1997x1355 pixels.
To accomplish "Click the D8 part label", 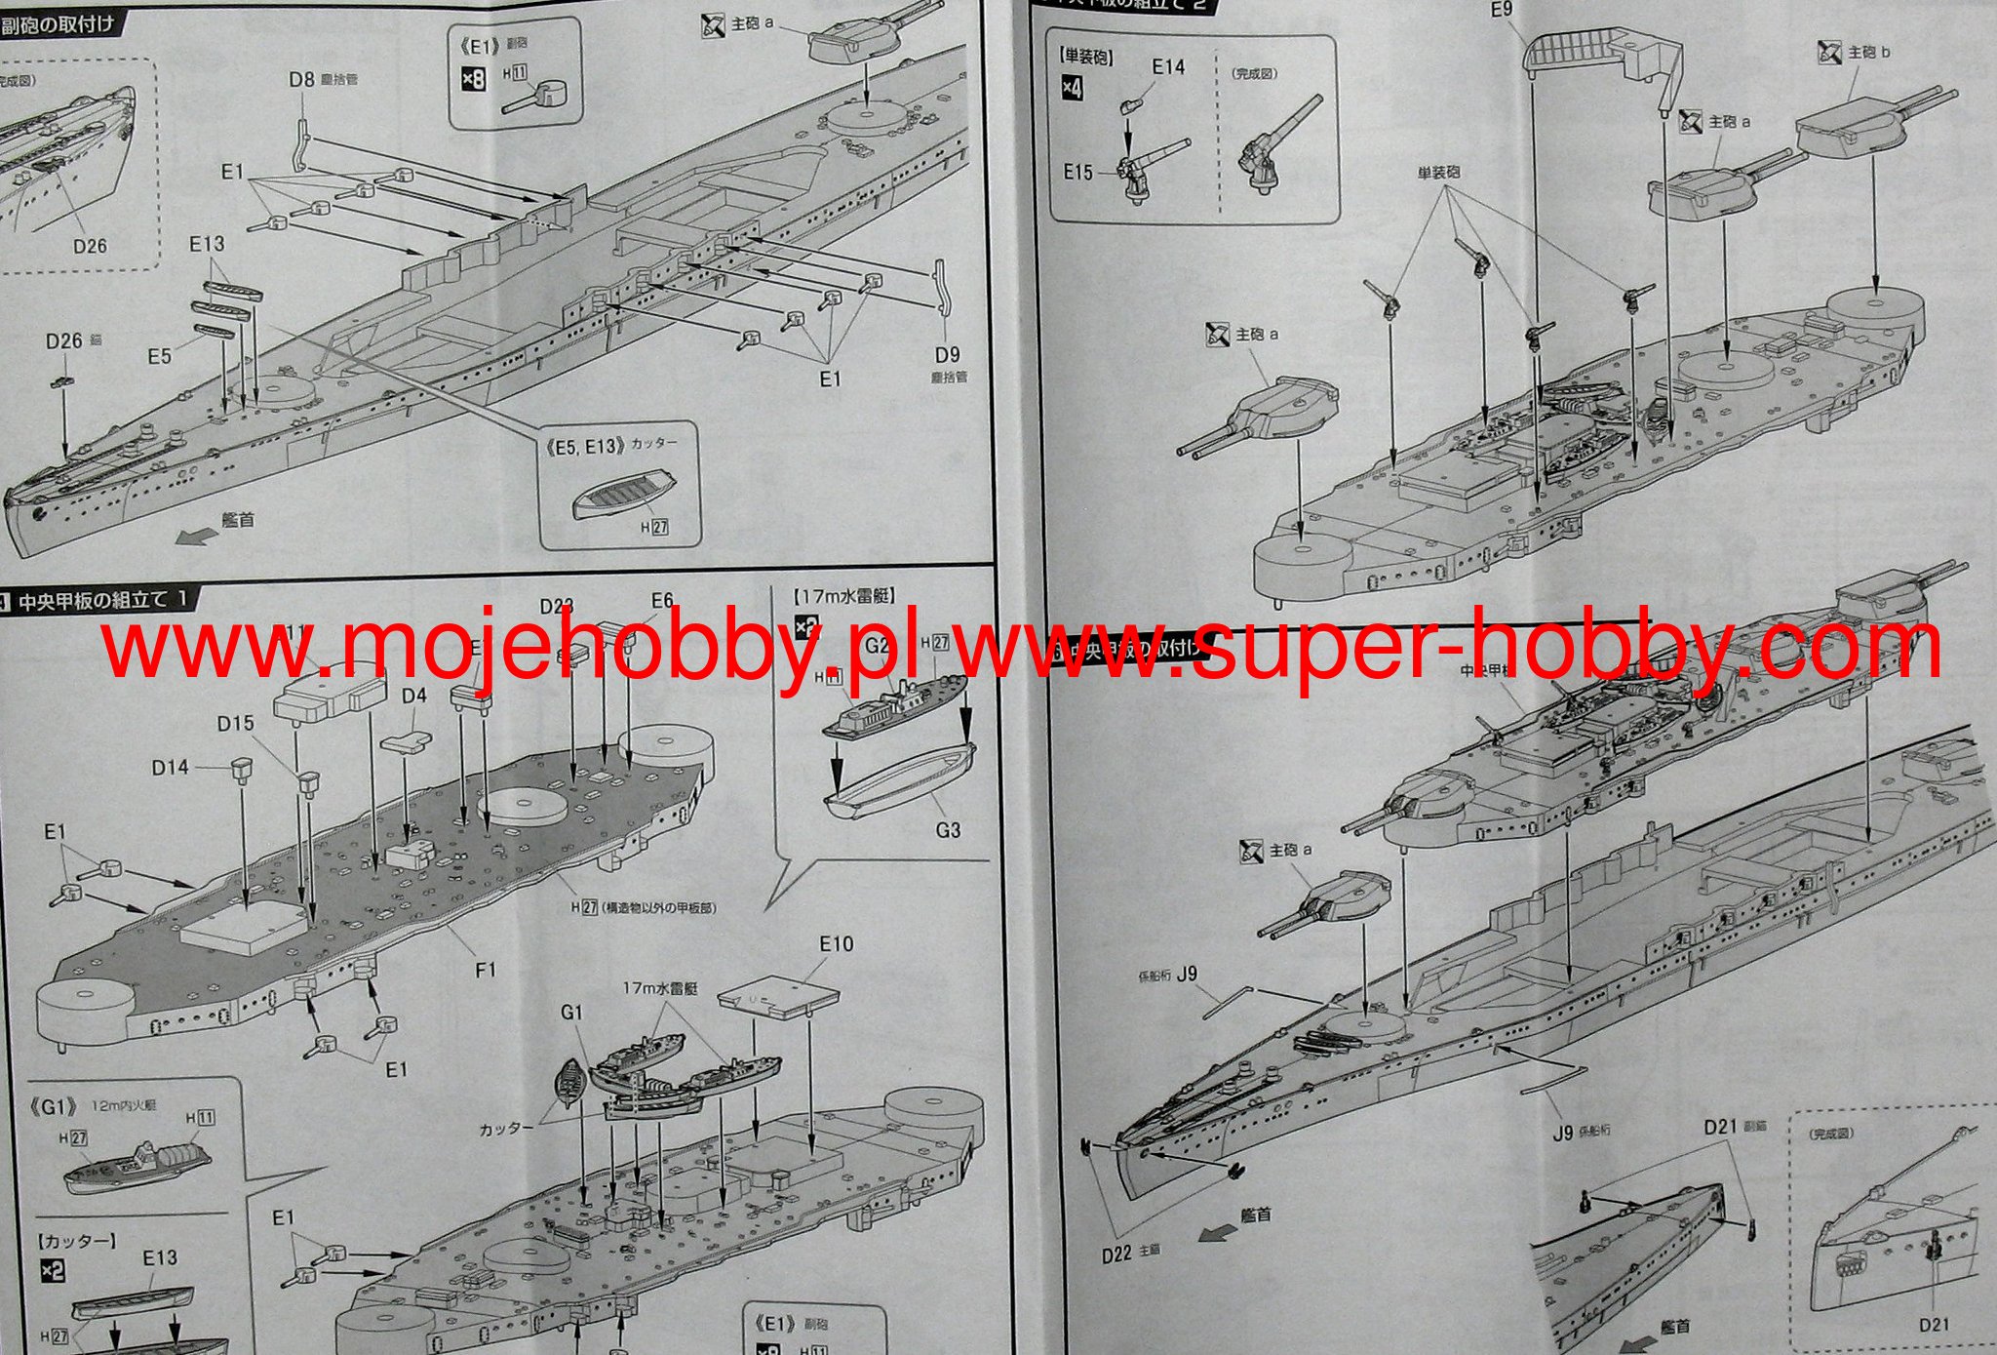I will pyautogui.click(x=301, y=79).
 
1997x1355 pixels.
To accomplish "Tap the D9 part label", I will pyautogui.click(x=947, y=355).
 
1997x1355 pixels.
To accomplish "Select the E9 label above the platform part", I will pyautogui.click(x=1501, y=10).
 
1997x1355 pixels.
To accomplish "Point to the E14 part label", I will pyautogui.click(x=1167, y=67).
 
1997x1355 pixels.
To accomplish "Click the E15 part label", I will pyautogui.click(x=1077, y=173).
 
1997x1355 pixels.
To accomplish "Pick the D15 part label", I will pyautogui.click(x=235, y=724).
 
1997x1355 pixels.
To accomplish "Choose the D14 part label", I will pyautogui.click(x=170, y=768).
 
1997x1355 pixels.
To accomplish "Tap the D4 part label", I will pyautogui.click(x=413, y=696).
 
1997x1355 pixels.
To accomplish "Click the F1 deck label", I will pyautogui.click(x=486, y=969).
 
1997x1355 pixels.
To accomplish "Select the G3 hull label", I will pyautogui.click(x=947, y=830).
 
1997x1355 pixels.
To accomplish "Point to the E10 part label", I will pyautogui.click(x=836, y=944).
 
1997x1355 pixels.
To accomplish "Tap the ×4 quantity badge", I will pyautogui.click(x=1072, y=88).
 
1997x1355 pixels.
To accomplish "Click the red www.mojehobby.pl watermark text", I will pyautogui.click(x=507, y=645).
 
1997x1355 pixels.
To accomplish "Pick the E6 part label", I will pyautogui.click(x=662, y=602).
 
